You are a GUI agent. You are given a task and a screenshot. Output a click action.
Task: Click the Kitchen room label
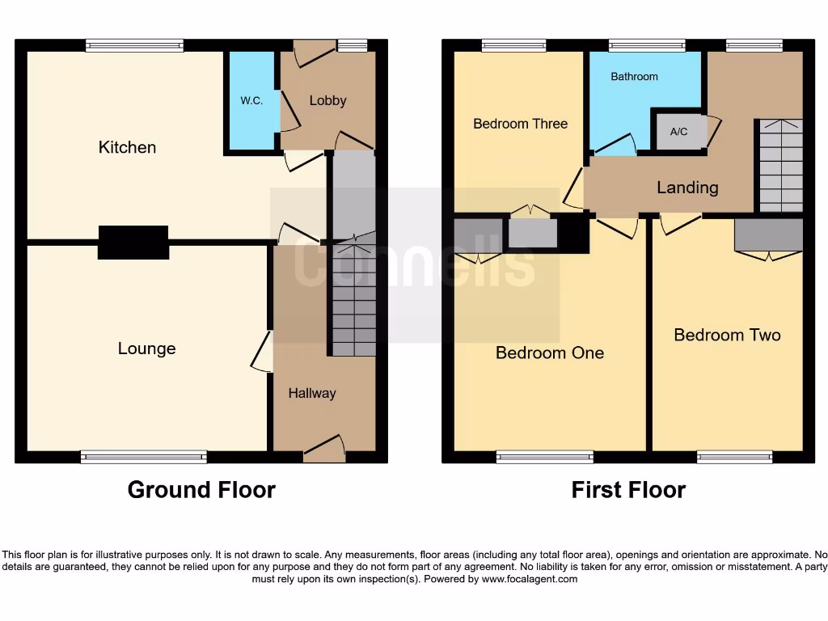(x=127, y=147)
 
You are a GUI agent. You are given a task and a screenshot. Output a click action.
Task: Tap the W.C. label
(x=251, y=101)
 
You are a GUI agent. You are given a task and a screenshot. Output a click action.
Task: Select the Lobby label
(x=327, y=100)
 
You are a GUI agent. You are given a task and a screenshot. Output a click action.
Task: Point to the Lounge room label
(x=146, y=349)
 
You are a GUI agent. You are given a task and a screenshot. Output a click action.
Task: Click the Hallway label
(x=312, y=393)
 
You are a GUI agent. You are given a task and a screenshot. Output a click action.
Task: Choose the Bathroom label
(x=634, y=77)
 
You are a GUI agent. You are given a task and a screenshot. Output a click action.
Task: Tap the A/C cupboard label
(x=678, y=131)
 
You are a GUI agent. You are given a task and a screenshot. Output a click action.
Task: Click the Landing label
(x=687, y=188)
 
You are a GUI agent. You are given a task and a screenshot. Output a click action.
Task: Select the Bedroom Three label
(x=520, y=124)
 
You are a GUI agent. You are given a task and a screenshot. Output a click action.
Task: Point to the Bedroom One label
(x=550, y=353)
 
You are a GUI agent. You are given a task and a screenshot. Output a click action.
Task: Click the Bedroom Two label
(x=727, y=335)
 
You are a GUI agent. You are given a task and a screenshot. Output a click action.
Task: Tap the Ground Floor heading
(x=201, y=490)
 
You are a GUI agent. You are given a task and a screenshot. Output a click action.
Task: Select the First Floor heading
(x=628, y=490)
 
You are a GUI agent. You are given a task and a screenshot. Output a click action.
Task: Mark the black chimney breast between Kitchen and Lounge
(x=133, y=243)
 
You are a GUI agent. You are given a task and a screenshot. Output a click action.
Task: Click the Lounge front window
(x=144, y=458)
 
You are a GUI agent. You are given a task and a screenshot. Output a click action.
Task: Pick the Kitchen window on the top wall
(x=134, y=46)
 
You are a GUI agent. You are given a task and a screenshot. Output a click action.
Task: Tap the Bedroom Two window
(x=734, y=458)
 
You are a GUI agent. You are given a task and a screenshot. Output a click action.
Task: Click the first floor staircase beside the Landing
(x=780, y=166)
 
